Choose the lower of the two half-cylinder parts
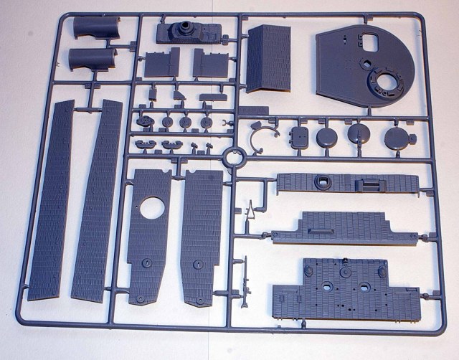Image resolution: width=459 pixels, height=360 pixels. [x=93, y=60]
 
